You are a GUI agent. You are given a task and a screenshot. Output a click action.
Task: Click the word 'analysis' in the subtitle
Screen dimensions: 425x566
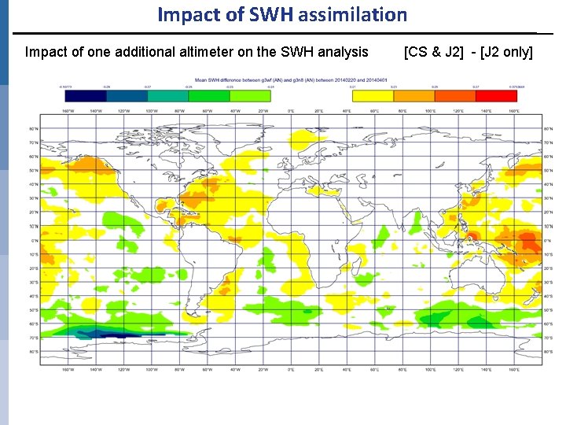[x=342, y=53]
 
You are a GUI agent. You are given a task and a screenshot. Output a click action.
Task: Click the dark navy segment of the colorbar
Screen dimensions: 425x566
[x=86, y=95]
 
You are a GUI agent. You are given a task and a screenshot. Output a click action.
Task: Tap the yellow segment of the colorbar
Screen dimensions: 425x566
[x=373, y=95]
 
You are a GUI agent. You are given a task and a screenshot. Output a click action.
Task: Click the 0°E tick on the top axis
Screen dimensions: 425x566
[x=291, y=110]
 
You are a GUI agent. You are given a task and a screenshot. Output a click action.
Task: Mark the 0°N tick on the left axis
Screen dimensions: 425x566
[x=32, y=240]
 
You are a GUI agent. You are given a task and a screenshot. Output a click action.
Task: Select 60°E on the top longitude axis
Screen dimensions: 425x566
[x=375, y=110]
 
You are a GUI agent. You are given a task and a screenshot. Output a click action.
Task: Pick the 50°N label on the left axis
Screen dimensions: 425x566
[x=32, y=170]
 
